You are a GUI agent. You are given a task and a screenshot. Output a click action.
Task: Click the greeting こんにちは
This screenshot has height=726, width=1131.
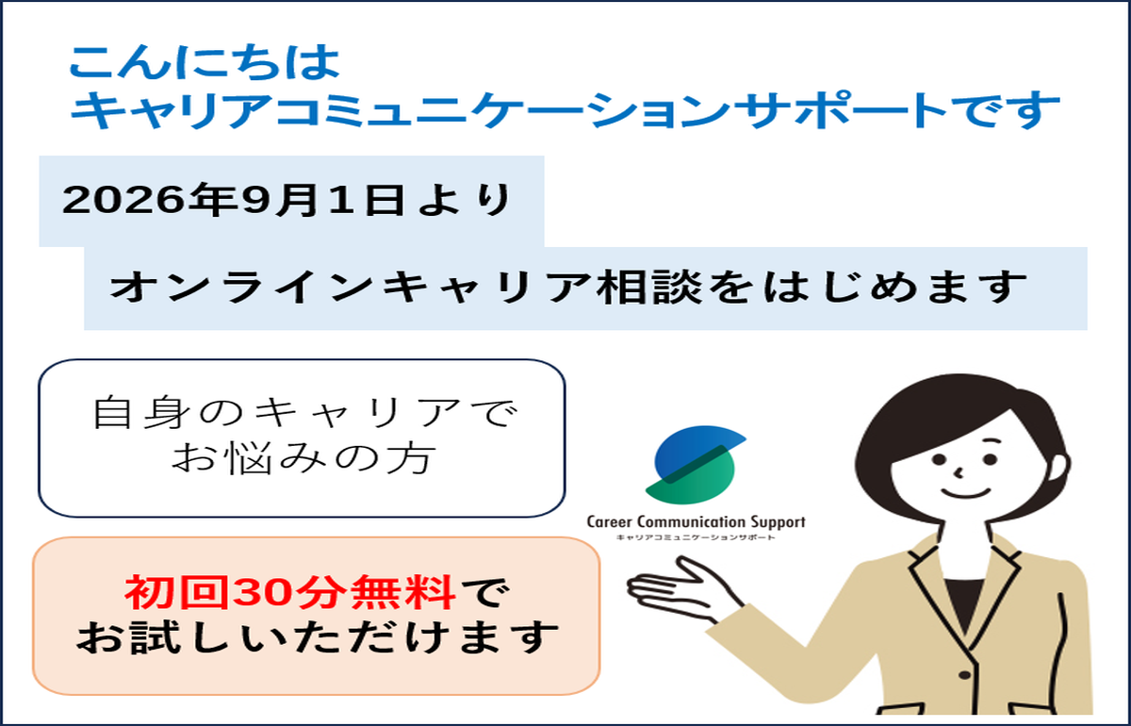(x=205, y=62)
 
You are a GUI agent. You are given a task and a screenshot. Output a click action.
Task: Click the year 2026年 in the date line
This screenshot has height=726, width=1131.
(x=150, y=200)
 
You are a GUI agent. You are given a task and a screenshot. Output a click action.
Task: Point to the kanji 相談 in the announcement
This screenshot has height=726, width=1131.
(x=648, y=287)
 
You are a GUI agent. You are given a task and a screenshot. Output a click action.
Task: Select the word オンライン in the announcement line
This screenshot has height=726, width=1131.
(x=241, y=287)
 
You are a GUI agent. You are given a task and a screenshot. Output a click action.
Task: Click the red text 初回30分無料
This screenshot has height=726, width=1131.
(x=290, y=592)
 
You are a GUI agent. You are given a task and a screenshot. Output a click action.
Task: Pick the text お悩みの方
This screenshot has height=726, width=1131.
(x=303, y=457)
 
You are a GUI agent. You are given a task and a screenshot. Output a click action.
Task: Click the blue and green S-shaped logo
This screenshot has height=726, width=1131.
(x=695, y=465)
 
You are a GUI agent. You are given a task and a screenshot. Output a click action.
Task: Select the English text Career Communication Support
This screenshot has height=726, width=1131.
(x=696, y=522)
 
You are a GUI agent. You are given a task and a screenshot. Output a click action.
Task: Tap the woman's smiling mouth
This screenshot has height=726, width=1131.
(x=966, y=492)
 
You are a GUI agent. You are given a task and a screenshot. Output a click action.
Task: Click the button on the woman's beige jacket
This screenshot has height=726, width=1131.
(x=964, y=675)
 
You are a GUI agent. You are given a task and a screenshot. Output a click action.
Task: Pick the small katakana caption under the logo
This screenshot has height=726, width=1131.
(x=696, y=537)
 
